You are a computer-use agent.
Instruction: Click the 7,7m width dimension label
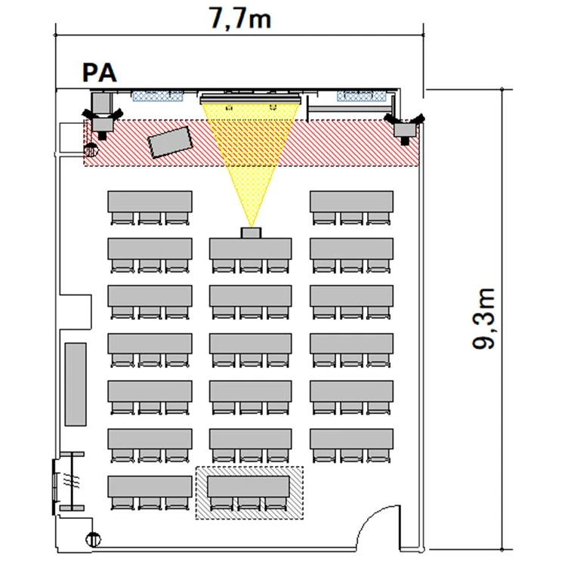click(x=240, y=19)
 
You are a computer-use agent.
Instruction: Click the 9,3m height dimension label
click(x=484, y=319)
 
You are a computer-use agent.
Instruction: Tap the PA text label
click(x=100, y=73)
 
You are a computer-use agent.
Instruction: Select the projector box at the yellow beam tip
click(x=251, y=233)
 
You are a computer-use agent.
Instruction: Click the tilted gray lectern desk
click(x=170, y=142)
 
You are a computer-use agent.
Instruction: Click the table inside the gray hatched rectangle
click(x=249, y=486)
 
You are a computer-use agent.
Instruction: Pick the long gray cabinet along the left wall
click(x=76, y=384)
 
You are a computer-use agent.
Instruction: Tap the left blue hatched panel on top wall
click(x=158, y=96)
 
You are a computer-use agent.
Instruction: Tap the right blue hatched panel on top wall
click(x=361, y=96)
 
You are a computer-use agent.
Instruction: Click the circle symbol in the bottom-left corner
click(x=94, y=539)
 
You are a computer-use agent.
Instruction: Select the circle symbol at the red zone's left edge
click(x=91, y=150)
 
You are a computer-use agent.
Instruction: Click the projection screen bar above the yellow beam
click(x=250, y=99)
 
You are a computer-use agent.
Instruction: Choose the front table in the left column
click(x=150, y=202)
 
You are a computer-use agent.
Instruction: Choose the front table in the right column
click(x=352, y=202)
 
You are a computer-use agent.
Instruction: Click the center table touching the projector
click(x=251, y=249)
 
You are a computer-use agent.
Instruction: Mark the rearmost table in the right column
click(x=352, y=440)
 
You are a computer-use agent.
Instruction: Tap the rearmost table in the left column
click(x=150, y=486)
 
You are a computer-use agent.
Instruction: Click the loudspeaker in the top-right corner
click(x=405, y=128)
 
